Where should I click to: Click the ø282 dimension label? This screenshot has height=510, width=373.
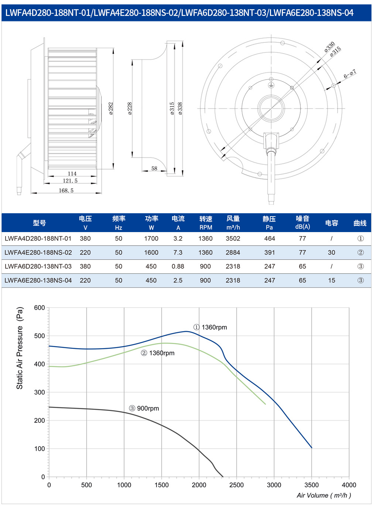111,108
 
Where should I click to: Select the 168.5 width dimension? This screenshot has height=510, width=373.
66,190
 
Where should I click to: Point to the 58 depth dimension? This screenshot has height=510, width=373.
154,168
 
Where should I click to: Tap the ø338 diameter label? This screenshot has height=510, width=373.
180,108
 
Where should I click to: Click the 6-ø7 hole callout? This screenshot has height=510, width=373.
350,74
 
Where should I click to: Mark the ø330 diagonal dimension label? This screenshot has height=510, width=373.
329,47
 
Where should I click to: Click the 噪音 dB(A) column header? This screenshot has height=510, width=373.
302,222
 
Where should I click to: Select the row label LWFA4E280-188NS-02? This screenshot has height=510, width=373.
38,252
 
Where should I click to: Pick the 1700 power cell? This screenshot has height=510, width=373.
151,238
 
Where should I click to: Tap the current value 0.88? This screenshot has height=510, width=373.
178,266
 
